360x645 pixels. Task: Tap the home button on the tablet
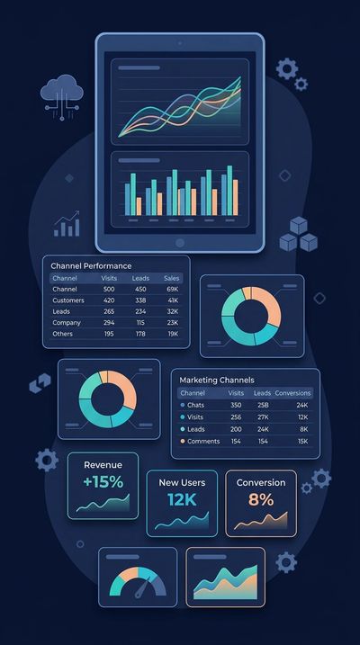180,242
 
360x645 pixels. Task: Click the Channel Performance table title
91,266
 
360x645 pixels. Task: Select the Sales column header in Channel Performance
171,278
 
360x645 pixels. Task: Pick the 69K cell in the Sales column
172,290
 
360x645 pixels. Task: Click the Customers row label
69,300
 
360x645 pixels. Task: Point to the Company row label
67,322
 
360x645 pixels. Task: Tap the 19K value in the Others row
172,334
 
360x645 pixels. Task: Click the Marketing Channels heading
216,381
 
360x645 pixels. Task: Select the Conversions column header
292,393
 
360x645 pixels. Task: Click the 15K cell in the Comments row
303,441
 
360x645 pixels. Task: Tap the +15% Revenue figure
103,482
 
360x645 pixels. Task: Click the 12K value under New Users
182,499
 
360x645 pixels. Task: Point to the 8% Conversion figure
260,499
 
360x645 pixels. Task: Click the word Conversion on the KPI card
260,483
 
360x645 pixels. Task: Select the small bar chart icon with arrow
67,225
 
